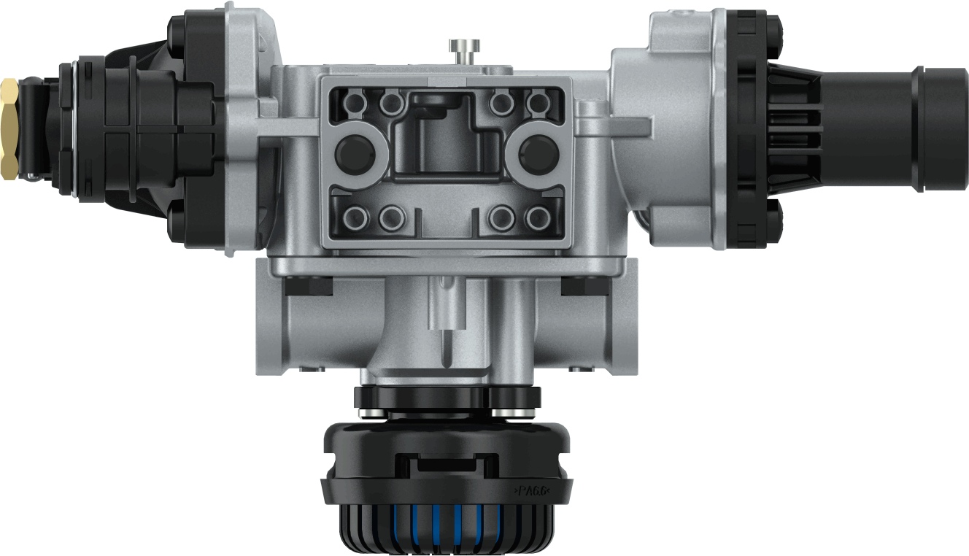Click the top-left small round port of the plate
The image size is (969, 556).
click(355, 104)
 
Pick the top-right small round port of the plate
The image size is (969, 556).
click(538, 104)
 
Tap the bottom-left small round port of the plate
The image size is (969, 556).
click(355, 217)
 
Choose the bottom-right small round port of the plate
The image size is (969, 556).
click(538, 217)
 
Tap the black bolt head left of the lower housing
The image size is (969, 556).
click(309, 286)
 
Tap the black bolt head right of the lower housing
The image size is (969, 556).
click(584, 286)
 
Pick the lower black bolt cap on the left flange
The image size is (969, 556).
click(177, 223)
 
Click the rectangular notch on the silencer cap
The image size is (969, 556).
click(447, 463)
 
